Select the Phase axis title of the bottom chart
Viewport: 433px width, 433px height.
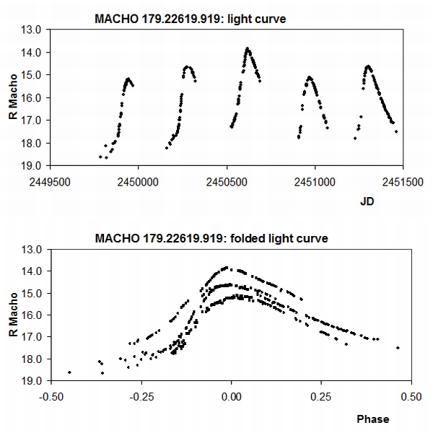click(x=372, y=419)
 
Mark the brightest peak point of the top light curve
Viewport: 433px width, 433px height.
click(x=248, y=48)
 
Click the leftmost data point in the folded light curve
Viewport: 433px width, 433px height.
click(x=69, y=372)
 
